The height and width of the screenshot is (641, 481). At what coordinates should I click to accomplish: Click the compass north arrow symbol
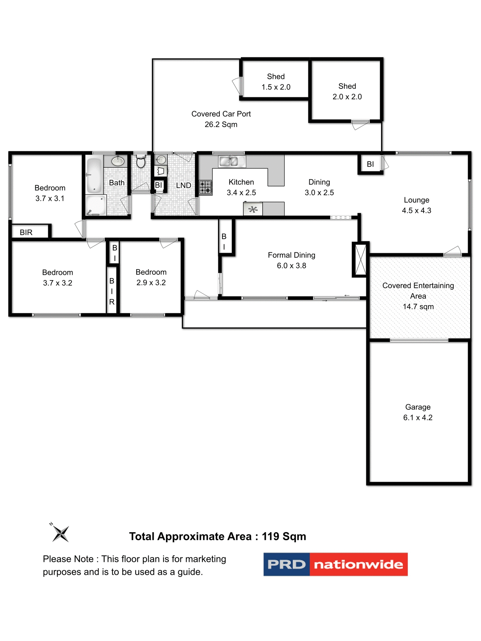[x=60, y=533]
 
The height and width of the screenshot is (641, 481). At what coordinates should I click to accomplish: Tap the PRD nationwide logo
[x=335, y=564]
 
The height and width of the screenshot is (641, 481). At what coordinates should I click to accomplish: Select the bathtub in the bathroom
[x=94, y=176]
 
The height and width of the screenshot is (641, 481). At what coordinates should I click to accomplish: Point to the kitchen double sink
[x=232, y=162]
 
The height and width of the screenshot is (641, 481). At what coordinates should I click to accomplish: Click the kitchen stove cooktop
[x=205, y=187]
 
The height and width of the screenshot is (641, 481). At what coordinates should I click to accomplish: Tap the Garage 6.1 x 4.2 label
[x=418, y=412]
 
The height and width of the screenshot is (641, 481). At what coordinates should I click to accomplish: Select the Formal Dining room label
[x=291, y=260]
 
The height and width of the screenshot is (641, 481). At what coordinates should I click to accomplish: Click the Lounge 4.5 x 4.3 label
[x=416, y=205]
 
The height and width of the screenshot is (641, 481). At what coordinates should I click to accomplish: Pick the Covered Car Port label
[x=221, y=119]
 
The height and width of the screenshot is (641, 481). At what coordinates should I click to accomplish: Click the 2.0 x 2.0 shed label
[x=347, y=91]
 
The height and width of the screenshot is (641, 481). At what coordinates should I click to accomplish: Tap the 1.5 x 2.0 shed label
[x=276, y=82]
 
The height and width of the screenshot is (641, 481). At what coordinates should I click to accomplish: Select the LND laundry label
[x=183, y=185]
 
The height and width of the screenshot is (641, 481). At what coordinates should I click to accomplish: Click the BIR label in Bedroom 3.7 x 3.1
[x=26, y=232]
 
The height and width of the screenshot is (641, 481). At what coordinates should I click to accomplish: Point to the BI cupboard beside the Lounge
[x=370, y=164]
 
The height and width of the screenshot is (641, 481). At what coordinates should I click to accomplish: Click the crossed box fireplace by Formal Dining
[x=360, y=259]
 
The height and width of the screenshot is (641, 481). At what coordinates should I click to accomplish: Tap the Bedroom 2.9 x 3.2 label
[x=151, y=277]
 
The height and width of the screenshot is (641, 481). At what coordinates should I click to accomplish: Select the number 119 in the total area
[x=270, y=537]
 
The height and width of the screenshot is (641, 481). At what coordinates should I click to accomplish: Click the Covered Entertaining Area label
[x=418, y=296]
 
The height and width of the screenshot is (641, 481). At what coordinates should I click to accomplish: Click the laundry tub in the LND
[x=160, y=171]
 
